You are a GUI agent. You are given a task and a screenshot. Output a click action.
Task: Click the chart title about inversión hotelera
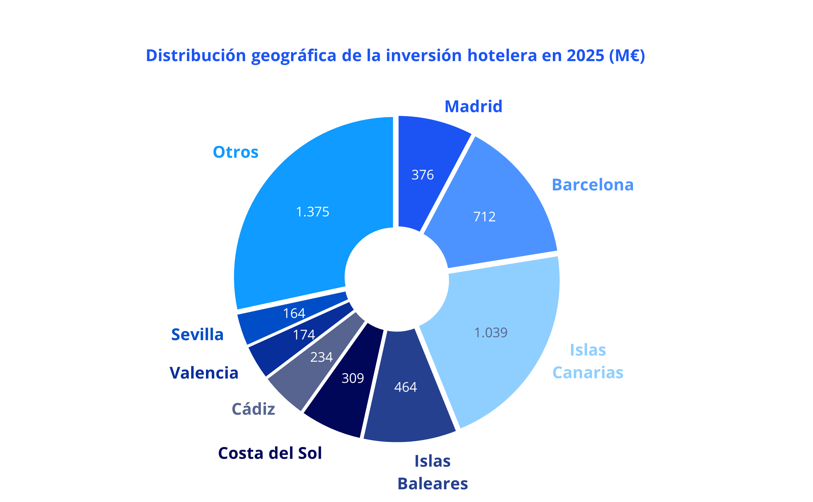tap(395, 55)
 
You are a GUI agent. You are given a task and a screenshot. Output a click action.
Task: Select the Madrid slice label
tap(473, 107)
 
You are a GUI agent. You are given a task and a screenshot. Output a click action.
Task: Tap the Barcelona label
tap(593, 185)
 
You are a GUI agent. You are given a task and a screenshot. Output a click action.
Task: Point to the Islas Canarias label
tap(588, 361)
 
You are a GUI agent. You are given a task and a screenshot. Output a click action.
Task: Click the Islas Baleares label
tap(432, 472)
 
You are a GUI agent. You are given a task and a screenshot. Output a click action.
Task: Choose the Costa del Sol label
tap(270, 453)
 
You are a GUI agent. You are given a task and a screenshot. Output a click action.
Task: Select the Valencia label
tap(204, 373)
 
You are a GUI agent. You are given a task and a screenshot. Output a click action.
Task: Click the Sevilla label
tap(197, 334)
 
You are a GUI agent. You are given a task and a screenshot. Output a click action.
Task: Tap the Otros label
tap(235, 152)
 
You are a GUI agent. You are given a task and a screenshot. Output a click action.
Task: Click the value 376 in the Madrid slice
tap(422, 175)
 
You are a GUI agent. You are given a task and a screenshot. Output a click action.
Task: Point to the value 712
tap(484, 217)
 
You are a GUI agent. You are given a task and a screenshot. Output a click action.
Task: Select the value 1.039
tap(490, 333)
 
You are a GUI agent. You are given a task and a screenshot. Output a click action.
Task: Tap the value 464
tap(405, 387)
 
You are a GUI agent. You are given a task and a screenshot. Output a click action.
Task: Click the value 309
tap(353, 378)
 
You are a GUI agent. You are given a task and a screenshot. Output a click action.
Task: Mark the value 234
tap(321, 357)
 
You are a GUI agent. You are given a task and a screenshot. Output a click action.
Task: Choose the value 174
tap(304, 335)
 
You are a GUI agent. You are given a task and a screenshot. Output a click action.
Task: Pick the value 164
tap(294, 313)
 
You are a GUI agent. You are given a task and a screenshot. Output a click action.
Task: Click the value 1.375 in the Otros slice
tap(312, 212)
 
